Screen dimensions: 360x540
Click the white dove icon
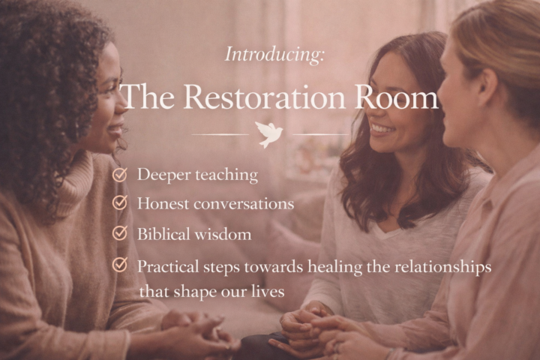pyautogui.click(x=269, y=133)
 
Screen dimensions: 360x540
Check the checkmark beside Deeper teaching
pyautogui.click(x=119, y=175)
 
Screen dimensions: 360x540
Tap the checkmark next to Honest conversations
pyautogui.click(x=119, y=203)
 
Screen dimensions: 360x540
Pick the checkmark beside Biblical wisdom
pyautogui.click(x=119, y=233)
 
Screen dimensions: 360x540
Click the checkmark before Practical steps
pyautogui.click(x=119, y=265)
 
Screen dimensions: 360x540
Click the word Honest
pyautogui.click(x=160, y=203)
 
